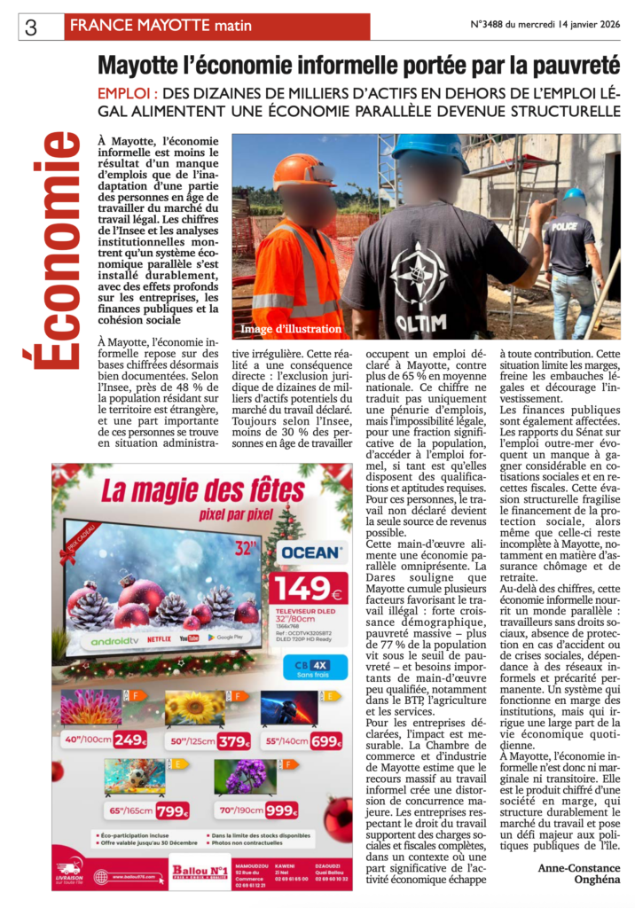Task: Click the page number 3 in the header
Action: tap(31, 27)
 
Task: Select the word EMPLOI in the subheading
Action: tap(125, 93)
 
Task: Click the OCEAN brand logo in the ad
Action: tap(310, 552)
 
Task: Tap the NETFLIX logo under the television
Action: tap(158, 637)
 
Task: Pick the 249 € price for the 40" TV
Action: tap(129, 740)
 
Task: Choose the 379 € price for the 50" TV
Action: tap(234, 740)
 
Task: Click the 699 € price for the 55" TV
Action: tap(325, 740)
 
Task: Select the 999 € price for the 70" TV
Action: tap(281, 810)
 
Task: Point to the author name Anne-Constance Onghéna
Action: tap(577, 873)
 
